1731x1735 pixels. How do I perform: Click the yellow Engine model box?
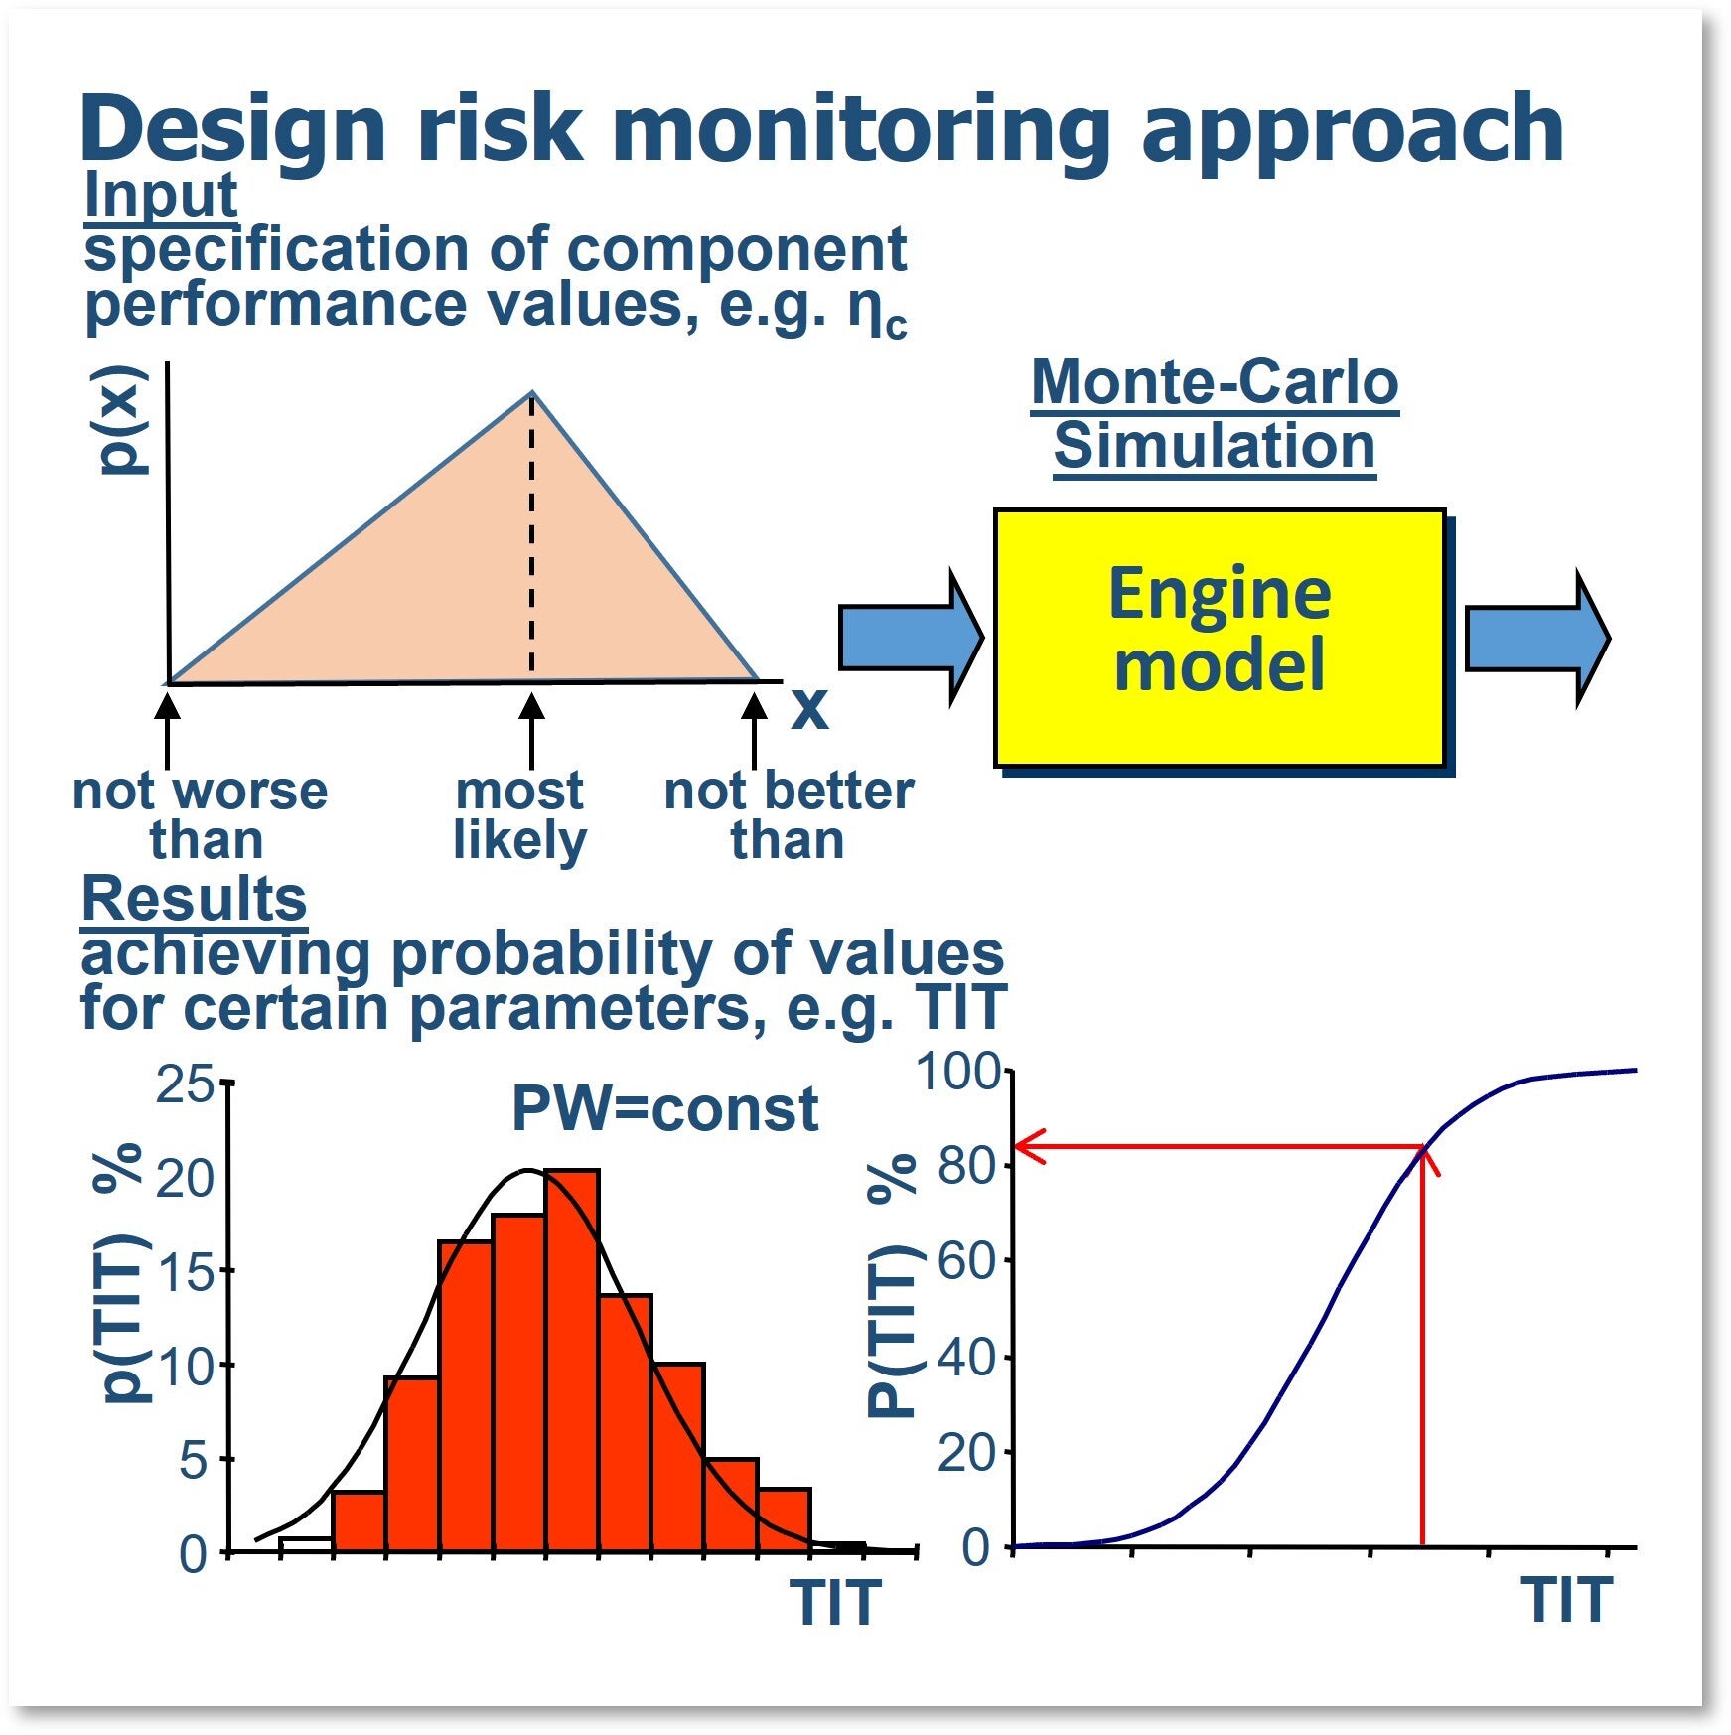(1219, 637)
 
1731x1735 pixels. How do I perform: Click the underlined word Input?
(160, 195)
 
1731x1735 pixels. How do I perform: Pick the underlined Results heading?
(194, 899)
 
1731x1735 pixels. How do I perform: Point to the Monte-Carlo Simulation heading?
(1215, 413)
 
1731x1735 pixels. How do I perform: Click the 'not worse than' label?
(202, 815)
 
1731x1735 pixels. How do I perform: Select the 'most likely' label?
(519, 815)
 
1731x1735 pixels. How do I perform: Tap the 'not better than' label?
(789, 815)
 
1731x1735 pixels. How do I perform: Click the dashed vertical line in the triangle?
(531, 536)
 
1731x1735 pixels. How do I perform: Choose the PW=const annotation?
(664, 1108)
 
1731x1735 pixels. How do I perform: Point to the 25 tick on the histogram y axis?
(185, 1084)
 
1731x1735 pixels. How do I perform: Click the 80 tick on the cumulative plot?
(967, 1166)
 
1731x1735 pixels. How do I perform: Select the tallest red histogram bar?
(571, 1361)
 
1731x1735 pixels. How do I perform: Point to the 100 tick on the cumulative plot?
(957, 1073)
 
